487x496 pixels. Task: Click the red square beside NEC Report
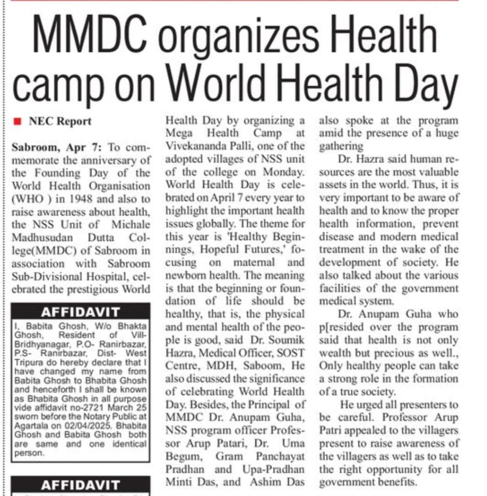point(18,121)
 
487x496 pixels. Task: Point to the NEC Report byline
point(60,121)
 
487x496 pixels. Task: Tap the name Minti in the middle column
point(180,482)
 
